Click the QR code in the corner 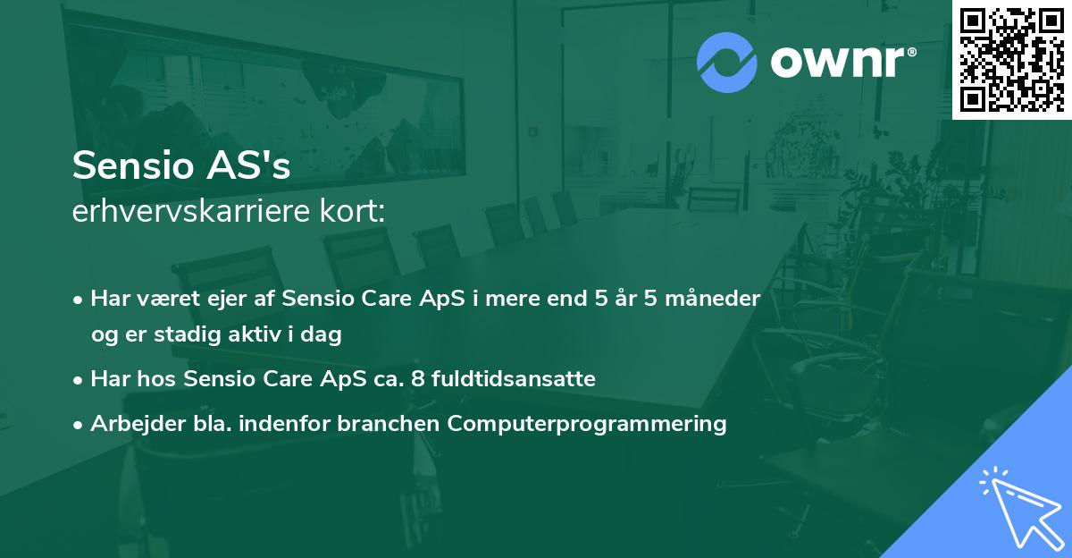[x=1011, y=60]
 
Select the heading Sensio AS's [x=181, y=166]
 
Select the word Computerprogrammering [x=588, y=424]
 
